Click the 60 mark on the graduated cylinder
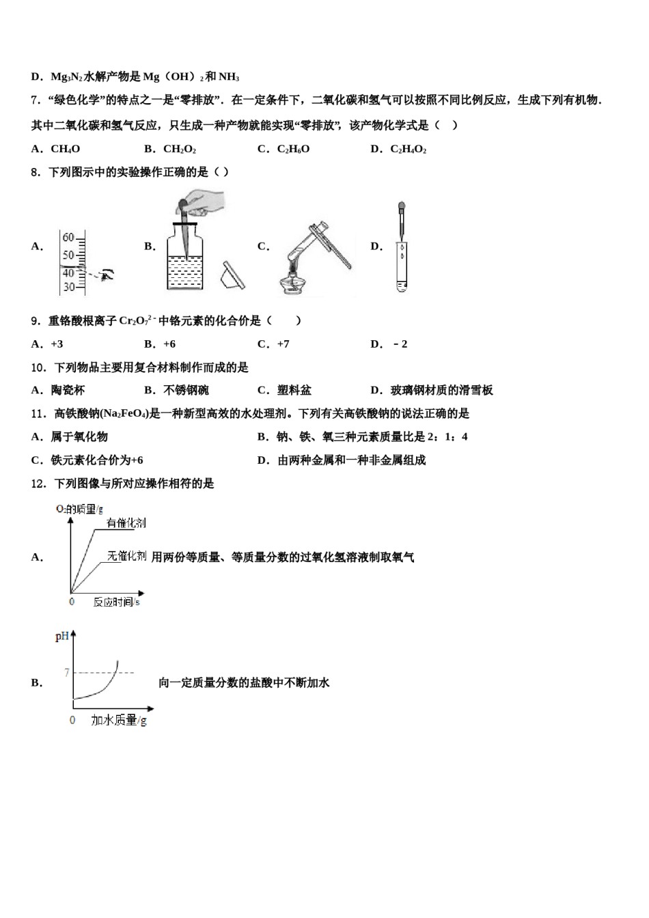click(68, 238)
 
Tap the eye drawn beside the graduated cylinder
click(107, 275)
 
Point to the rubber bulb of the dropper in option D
click(402, 206)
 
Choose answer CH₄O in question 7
click(65, 149)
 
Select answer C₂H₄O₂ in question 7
click(408, 149)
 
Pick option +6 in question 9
click(169, 344)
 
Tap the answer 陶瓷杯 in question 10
click(68, 391)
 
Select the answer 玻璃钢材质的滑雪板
click(441, 391)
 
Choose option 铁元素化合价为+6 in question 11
click(96, 460)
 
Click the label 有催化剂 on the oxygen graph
click(126, 523)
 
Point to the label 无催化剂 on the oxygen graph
click(126, 556)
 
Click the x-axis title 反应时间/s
click(117, 602)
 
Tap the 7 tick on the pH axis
click(67, 673)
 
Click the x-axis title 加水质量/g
click(119, 720)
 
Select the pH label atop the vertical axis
click(62, 637)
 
